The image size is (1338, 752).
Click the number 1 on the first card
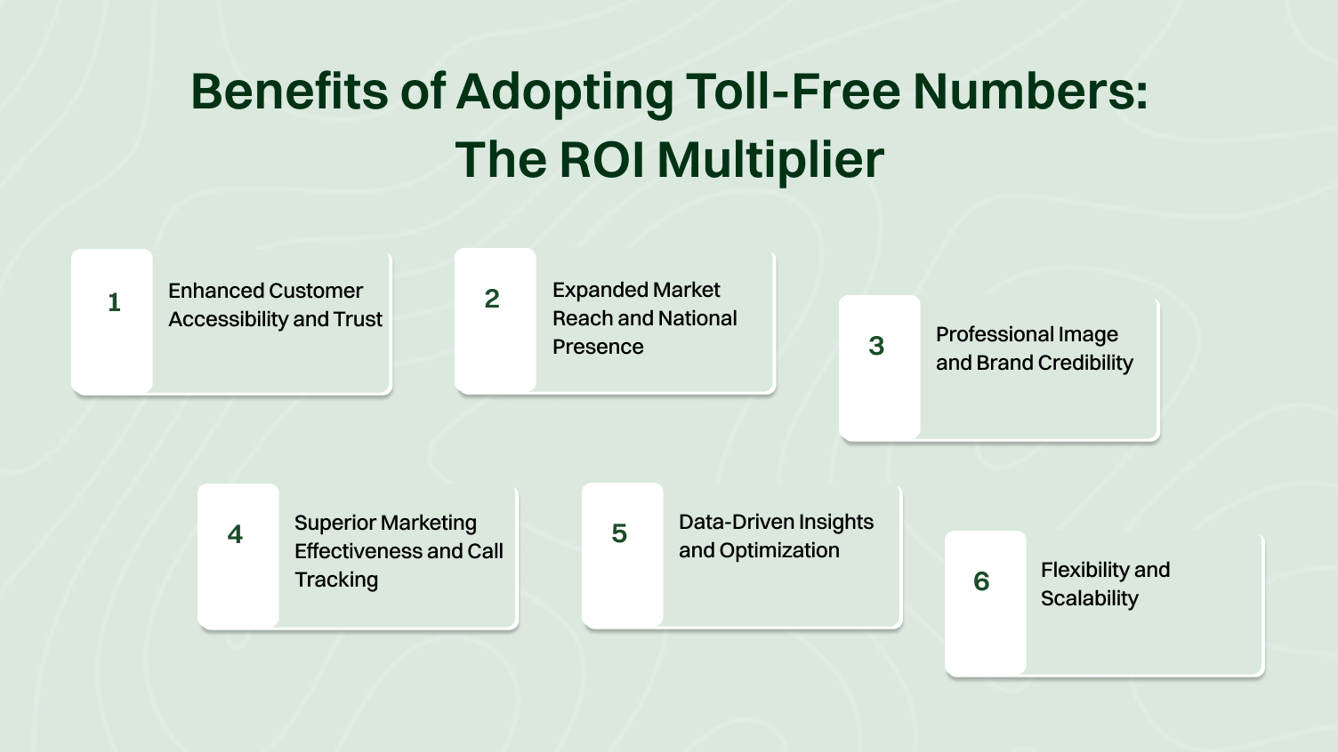[114, 302]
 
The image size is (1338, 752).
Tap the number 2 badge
[492, 299]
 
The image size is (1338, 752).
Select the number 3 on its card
[876, 346]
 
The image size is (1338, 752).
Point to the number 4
[235, 534]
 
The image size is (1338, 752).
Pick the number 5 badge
[619, 533]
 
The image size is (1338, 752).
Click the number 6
[981, 581]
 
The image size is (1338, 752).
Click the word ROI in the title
[600, 160]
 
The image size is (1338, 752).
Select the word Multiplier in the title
[770, 160]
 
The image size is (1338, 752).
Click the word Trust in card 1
[358, 319]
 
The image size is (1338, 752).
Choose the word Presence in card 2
[598, 347]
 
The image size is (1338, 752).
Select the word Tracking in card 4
[336, 580]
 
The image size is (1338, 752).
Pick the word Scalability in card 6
[1090, 598]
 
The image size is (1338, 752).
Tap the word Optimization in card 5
[779, 550]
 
